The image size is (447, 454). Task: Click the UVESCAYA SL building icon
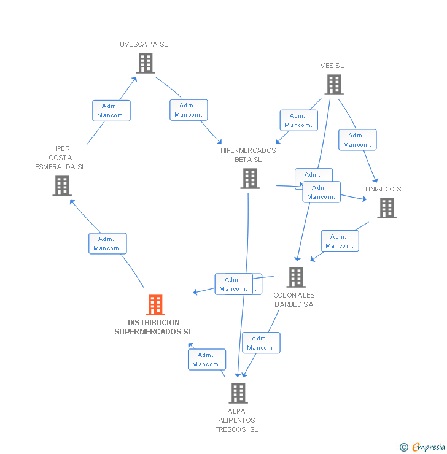coord(146,63)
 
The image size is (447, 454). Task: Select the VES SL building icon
coord(333,85)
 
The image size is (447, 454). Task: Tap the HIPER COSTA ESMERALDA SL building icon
coord(62,186)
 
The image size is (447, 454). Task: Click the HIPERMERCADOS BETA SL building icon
coord(250,179)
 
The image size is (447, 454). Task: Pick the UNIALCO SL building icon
coord(386,208)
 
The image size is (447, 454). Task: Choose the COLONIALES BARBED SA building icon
coord(295,277)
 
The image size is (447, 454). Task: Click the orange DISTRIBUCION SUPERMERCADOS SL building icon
coord(155,305)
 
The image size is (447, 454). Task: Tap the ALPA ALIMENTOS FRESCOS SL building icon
coord(238,393)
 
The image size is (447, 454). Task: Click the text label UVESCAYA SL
coord(144,44)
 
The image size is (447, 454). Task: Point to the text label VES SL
coord(332,66)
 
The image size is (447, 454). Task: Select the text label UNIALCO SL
coord(385,189)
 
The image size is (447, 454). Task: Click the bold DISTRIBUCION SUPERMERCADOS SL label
coord(154,327)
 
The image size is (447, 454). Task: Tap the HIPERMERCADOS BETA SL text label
coord(248,155)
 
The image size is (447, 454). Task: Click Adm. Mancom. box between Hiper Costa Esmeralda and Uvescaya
coord(111,110)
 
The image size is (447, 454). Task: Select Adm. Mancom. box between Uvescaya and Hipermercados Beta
coord(189,110)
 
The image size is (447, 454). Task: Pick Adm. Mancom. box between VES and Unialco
coord(357,140)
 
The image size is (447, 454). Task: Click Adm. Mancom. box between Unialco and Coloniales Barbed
coord(340,241)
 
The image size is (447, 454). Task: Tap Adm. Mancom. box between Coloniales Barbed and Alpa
coord(261,343)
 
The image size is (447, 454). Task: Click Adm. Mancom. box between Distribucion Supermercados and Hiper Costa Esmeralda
coord(107,244)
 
